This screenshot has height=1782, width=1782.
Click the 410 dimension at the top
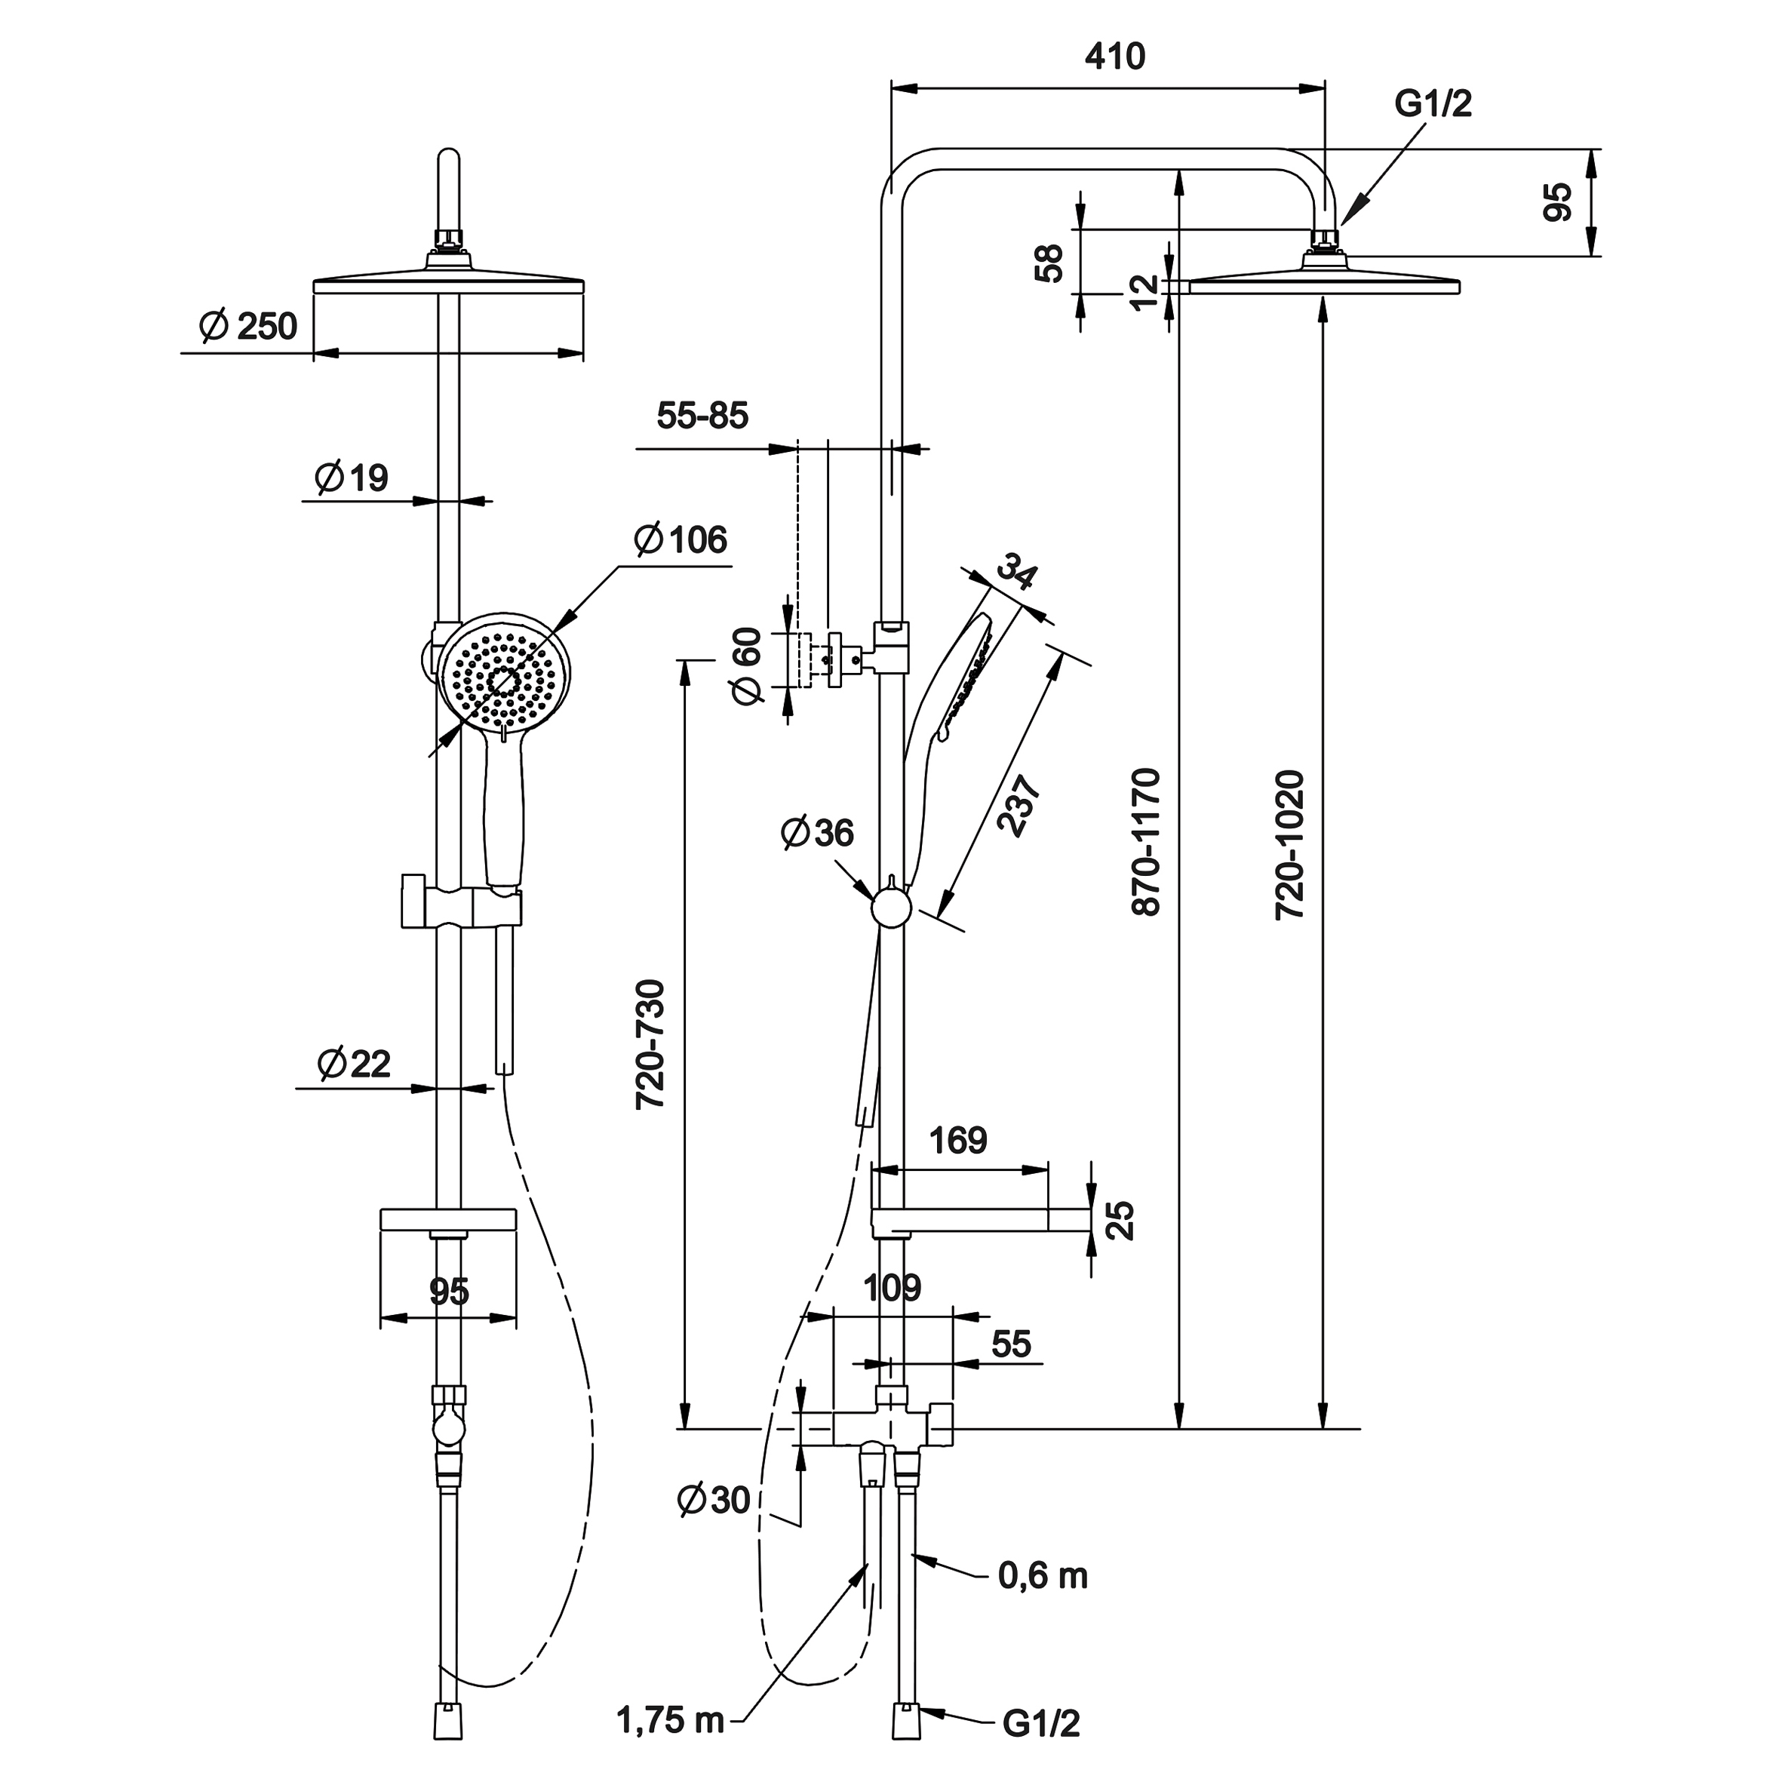[1114, 57]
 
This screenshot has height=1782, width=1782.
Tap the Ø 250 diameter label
[249, 327]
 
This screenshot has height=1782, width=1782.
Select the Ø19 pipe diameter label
[352, 478]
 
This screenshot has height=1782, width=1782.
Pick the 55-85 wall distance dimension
[703, 416]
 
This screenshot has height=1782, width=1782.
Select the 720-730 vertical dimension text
[651, 1044]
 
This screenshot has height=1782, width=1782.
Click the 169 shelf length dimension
[958, 1141]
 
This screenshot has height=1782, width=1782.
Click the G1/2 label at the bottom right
[1041, 1723]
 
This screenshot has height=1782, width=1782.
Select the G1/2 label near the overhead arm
[1433, 104]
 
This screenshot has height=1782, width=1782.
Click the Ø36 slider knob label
[817, 833]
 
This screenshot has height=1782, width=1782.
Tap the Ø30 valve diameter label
[714, 1501]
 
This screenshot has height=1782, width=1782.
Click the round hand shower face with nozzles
[502, 681]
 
